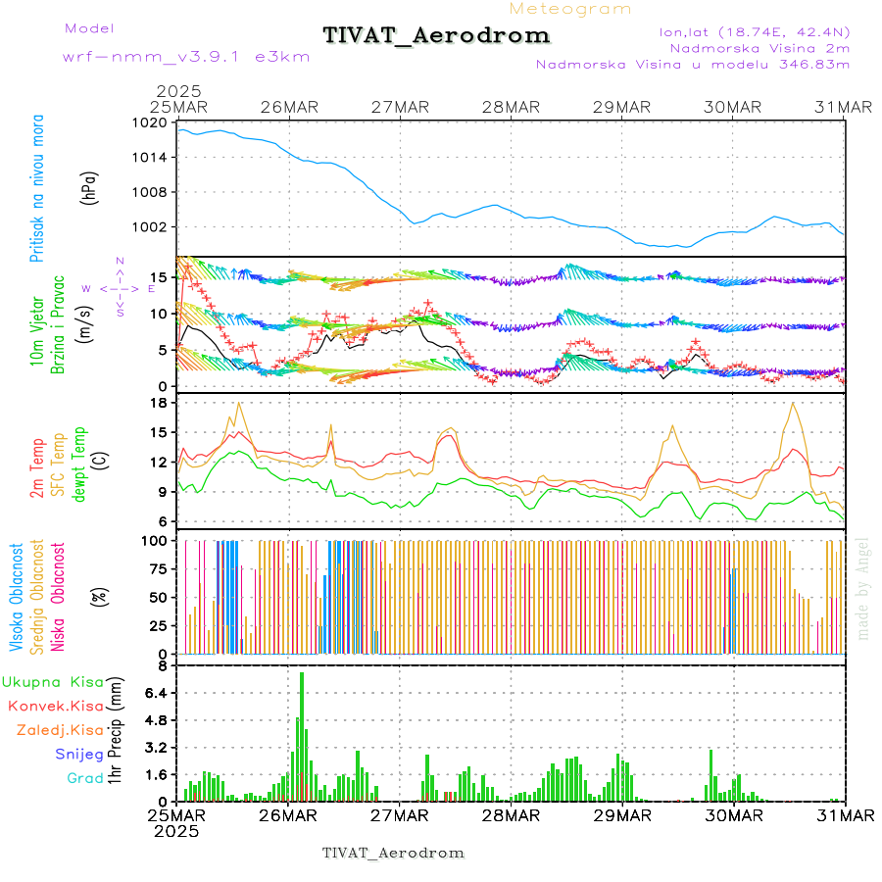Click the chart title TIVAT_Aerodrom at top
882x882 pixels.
(436, 35)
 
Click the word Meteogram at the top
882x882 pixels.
(571, 9)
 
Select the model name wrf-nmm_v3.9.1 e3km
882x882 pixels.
(186, 57)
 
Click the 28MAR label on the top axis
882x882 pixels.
(511, 107)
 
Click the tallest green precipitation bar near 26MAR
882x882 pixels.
(302, 735)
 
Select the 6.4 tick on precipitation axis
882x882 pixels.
(156, 693)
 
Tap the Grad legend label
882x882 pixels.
(84, 778)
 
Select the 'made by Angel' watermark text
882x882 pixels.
(863, 588)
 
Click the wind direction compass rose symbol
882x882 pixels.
(120, 288)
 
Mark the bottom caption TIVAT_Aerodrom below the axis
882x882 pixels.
(393, 853)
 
